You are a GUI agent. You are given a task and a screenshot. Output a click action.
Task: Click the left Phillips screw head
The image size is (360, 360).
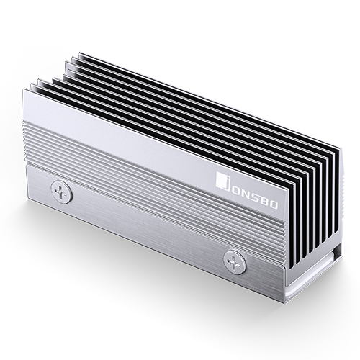[x=60, y=192]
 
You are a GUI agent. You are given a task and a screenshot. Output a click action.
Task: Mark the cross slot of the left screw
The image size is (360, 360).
[x=60, y=192]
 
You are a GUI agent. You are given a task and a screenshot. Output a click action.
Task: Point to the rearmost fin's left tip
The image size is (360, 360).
[x=80, y=53]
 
